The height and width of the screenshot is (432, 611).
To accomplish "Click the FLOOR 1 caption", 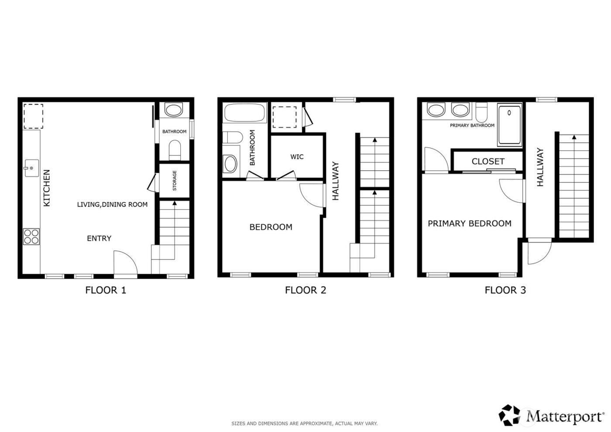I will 106,290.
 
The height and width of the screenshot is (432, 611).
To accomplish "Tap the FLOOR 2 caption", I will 305,290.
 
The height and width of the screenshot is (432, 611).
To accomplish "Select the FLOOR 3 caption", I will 505,290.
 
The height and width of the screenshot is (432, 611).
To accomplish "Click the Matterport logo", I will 552,415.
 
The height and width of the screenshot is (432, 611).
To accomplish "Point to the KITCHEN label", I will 47,188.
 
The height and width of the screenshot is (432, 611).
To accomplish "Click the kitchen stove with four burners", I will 31,236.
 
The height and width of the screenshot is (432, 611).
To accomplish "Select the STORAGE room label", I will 175,180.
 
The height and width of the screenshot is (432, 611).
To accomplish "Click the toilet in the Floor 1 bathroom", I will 175,149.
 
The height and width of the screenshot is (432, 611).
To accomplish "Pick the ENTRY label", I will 99,238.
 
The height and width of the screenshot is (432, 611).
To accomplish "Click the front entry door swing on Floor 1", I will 125,263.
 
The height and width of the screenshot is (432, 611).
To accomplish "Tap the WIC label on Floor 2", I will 297,157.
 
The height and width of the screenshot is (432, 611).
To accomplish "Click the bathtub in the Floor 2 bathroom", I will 245,113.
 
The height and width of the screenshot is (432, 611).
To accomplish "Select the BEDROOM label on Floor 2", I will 271,227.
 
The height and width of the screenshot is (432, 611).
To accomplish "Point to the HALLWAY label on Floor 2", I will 336,181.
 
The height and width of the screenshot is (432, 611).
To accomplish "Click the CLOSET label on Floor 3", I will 488,162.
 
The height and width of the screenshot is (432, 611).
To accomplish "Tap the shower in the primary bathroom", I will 510,125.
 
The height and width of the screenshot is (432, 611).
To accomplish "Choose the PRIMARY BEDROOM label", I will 469,224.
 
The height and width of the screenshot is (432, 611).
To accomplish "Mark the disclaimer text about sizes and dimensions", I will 304,423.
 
